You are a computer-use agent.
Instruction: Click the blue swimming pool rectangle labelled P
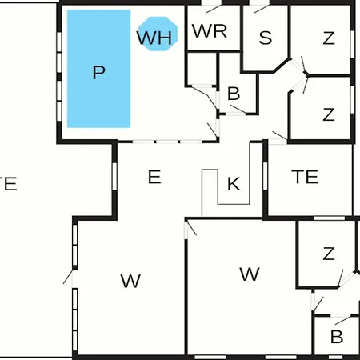tap(98, 69)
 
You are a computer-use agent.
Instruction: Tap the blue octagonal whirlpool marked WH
tap(158, 34)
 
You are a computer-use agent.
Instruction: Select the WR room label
tap(210, 31)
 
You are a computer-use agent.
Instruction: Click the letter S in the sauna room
tap(266, 38)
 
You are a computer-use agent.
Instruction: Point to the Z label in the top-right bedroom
tap(329, 38)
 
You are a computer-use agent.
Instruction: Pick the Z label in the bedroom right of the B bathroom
tap(329, 114)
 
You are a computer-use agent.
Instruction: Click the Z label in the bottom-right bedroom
tap(329, 254)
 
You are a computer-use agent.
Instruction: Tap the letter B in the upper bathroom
tap(234, 94)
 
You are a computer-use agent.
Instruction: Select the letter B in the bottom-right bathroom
tap(337, 337)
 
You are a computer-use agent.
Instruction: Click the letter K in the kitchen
tap(234, 184)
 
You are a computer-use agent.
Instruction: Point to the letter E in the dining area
tap(154, 177)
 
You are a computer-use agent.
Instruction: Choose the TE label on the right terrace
tap(305, 177)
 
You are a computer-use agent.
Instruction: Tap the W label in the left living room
tap(130, 281)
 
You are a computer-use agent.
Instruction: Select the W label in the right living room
tap(250, 274)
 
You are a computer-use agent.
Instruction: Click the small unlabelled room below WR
tap(202, 69)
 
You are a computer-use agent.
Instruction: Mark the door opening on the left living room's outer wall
tap(74, 279)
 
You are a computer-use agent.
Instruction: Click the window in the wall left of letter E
tap(114, 177)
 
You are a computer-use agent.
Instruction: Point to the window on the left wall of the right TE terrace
tap(265, 176)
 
